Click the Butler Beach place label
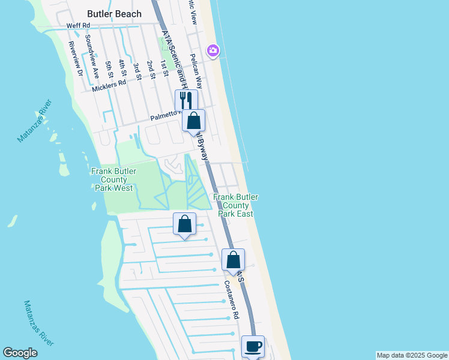114,14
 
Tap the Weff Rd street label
78,26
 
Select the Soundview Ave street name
92,57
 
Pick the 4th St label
122,68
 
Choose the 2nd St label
151,68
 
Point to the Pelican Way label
195,71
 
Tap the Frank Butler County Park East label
235,205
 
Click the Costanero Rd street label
232,299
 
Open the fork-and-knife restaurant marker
186,100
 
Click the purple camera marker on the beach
212,51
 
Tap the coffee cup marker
253,346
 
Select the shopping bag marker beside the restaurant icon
193,121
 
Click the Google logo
20,353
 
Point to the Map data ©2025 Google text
412,355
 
